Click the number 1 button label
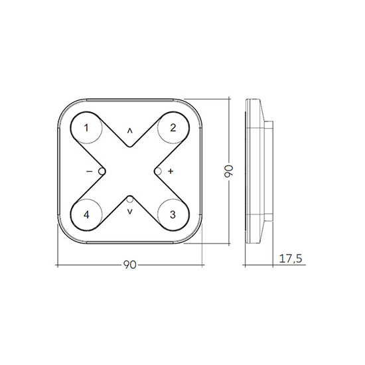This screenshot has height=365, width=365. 86,128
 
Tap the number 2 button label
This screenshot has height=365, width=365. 173,128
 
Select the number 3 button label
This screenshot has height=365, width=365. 173,214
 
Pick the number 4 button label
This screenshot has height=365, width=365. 86,214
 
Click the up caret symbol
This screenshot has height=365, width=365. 129,131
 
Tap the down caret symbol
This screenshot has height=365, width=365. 129,212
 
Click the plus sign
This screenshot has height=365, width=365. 171,171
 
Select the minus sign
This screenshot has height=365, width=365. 90,172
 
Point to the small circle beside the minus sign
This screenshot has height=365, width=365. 102,171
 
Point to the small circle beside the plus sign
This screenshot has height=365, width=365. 158,171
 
